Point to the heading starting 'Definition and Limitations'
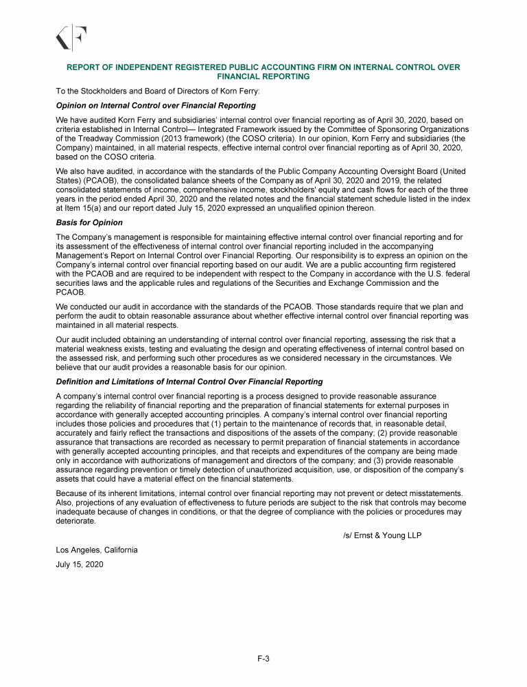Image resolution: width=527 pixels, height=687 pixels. [x=189, y=381]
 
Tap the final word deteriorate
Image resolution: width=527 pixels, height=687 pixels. [x=76, y=521]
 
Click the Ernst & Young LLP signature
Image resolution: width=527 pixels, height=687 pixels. [x=382, y=535]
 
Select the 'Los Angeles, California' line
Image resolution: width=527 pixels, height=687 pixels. [x=97, y=550]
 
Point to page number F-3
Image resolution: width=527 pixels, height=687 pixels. [x=263, y=659]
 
